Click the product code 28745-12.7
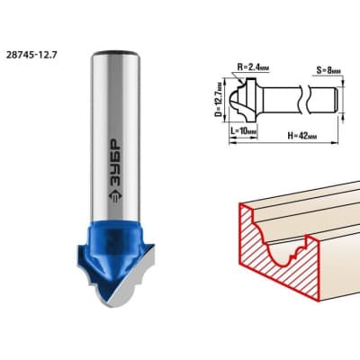click(x=31, y=55)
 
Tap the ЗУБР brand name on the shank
click(x=115, y=163)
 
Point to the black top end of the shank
click(x=115, y=53)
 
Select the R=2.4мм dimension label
click(x=253, y=67)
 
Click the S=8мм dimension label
click(x=328, y=71)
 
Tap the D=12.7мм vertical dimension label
click(x=220, y=100)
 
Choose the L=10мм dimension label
click(x=244, y=131)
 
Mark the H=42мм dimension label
click(x=301, y=136)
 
